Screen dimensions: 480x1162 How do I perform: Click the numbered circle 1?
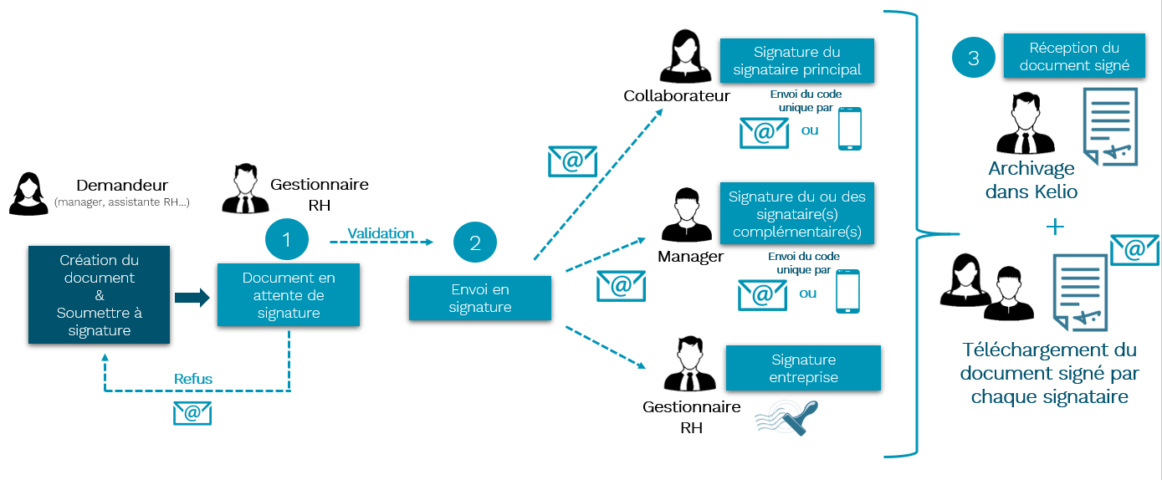click(287, 241)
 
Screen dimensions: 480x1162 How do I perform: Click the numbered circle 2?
click(475, 243)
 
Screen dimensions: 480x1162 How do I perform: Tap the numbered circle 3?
click(973, 59)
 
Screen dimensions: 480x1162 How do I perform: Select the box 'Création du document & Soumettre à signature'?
click(100, 294)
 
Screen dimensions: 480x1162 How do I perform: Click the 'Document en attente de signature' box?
click(289, 295)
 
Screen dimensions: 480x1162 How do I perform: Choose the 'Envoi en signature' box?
click(479, 299)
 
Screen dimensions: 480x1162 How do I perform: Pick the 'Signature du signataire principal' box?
click(796, 61)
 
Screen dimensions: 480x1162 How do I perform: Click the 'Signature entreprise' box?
click(803, 368)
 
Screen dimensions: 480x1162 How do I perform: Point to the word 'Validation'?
click(381, 233)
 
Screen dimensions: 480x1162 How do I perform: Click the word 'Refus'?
click(193, 379)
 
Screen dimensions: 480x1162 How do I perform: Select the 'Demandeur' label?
click(122, 186)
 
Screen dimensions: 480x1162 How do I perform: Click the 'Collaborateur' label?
click(677, 96)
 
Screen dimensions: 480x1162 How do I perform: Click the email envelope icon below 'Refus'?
click(192, 412)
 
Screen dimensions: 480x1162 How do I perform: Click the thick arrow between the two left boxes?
click(192, 297)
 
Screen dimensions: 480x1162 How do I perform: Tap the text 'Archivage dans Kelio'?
click(1031, 180)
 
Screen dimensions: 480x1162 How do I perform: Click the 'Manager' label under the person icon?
click(690, 256)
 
